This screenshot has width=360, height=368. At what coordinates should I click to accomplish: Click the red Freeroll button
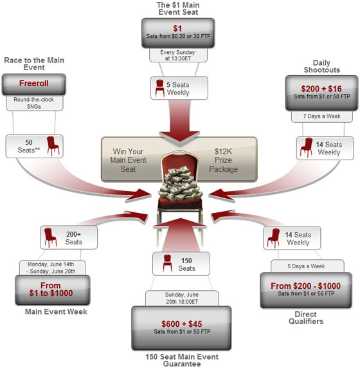coord(34,84)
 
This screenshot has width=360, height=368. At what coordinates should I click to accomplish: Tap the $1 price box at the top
coord(178,33)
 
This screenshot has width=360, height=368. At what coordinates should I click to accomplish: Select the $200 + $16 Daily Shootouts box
coord(321,93)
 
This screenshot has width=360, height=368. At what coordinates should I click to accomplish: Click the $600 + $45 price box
coord(181,328)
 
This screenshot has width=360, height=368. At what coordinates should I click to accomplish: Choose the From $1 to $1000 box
coord(53,290)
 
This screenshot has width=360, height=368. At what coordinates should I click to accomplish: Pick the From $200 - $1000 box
coord(306,290)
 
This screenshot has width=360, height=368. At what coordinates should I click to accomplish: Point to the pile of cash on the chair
coord(180,184)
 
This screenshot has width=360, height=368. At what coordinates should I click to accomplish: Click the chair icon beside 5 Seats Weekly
coord(159,88)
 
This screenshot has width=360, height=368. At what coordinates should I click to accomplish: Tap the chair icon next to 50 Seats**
coord(53,146)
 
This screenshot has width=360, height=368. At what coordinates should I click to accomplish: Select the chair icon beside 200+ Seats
coord(50,237)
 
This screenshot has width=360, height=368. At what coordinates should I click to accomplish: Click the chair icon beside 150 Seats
coord(167,263)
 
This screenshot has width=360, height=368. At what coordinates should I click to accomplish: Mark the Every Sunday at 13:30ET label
coord(178,55)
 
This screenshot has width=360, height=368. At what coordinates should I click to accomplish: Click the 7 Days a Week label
coord(322,116)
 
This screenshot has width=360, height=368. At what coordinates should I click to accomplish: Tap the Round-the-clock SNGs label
coord(35,103)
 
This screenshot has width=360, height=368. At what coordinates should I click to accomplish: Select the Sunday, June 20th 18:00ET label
coord(182,298)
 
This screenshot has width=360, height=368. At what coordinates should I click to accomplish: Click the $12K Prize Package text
coord(223,160)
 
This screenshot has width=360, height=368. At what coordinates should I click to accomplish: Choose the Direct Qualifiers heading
coord(306,318)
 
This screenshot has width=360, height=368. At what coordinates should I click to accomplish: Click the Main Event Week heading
coord(56,311)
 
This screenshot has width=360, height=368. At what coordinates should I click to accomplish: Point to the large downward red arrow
coord(179,120)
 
